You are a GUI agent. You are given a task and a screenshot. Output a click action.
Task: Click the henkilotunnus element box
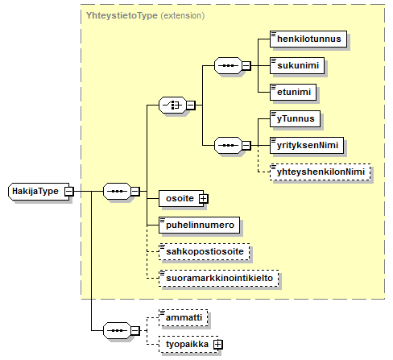pyautogui.click(x=308, y=39)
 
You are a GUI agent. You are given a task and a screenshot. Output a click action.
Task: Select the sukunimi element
pyautogui.click(x=297, y=65)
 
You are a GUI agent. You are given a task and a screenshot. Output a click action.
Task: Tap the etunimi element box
pyautogui.click(x=293, y=92)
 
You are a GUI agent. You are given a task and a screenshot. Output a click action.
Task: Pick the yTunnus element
pyautogui.click(x=295, y=118)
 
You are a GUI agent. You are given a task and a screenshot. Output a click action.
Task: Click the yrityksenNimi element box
pyautogui.click(x=307, y=145)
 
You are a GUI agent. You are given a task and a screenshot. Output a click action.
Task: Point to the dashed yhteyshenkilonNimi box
pyautogui.click(x=320, y=172)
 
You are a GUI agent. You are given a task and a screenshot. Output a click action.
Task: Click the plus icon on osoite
pyautogui.click(x=203, y=199)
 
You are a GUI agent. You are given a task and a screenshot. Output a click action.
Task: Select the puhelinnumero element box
pyautogui.click(x=199, y=225)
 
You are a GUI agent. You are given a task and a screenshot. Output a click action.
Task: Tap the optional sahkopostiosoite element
pyautogui.click(x=204, y=251)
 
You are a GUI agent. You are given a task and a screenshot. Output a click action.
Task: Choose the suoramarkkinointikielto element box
pyautogui.click(x=218, y=278)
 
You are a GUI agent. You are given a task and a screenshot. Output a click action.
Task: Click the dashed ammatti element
pyautogui.click(x=183, y=317)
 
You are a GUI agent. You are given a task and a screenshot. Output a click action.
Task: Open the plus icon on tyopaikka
pyautogui.click(x=217, y=345)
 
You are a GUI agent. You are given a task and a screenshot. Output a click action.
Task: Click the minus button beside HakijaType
pyautogui.click(x=68, y=192)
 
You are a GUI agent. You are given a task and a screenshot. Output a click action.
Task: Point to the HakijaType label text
pyautogui.click(x=35, y=191)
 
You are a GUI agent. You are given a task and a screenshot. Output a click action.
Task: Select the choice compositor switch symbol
pyautogui.click(x=172, y=105)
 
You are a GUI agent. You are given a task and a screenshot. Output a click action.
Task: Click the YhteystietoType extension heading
pyautogui.click(x=145, y=15)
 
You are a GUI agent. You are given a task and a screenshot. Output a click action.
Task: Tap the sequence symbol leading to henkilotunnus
pyautogui.click(x=228, y=65)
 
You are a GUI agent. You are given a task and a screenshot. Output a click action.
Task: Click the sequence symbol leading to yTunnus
pyautogui.click(x=228, y=146)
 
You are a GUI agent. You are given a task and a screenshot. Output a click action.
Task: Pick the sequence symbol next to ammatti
pyautogui.click(x=117, y=330)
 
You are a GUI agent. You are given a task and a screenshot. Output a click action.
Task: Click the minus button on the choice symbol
pyautogui.click(x=191, y=105)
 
